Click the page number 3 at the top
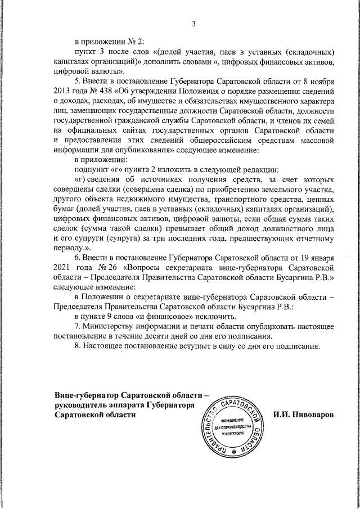click(x=193, y=23)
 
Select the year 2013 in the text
click(x=64, y=91)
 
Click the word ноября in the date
click(x=323, y=82)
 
